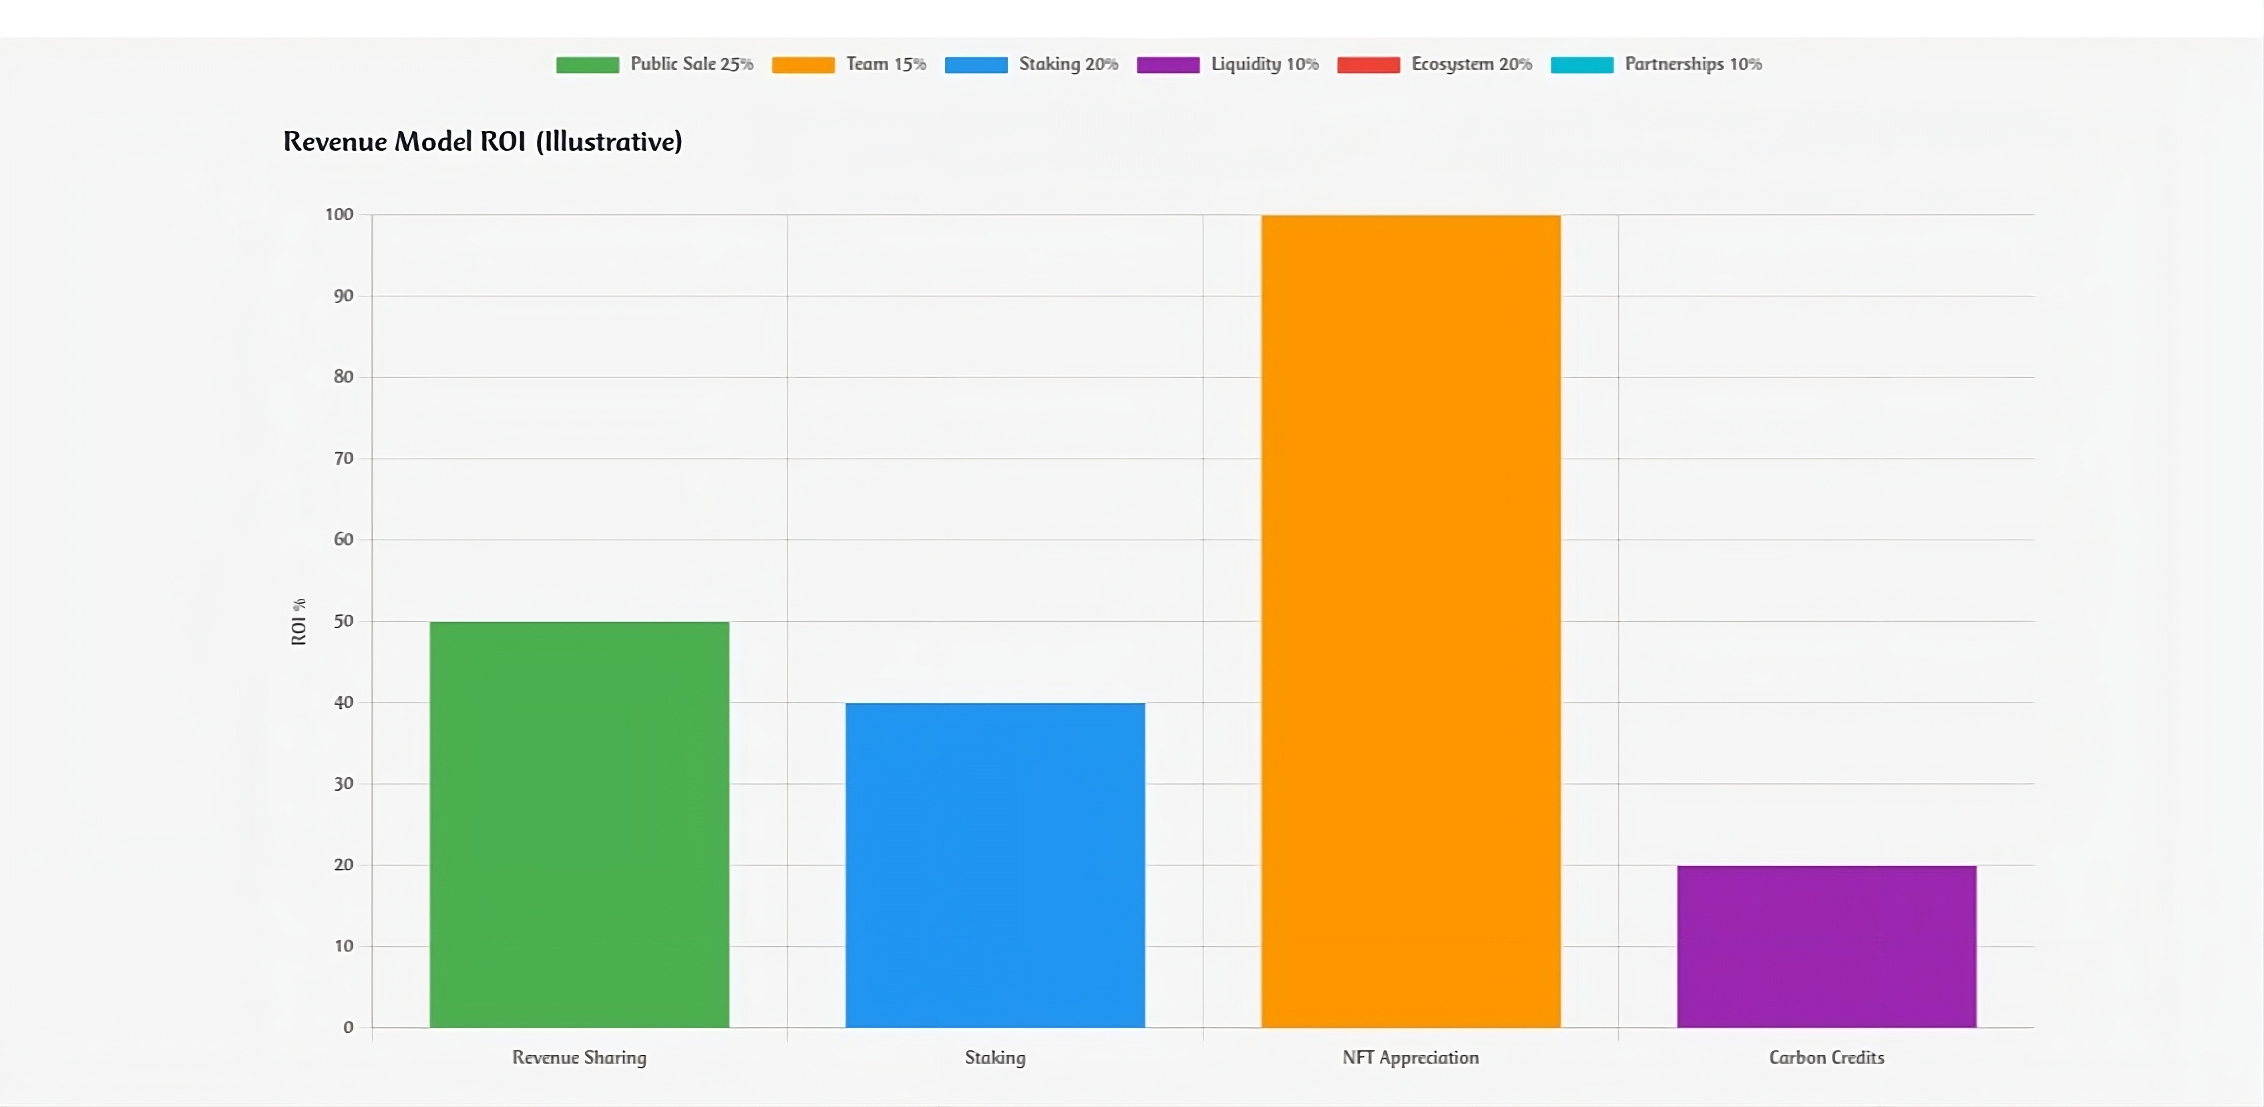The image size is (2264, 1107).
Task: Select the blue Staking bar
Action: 995,865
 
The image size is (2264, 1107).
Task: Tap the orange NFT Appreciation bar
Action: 1410,621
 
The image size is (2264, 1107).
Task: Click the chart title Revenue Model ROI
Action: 482,142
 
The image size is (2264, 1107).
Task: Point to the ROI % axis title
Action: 299,622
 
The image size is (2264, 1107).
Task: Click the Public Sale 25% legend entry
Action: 654,64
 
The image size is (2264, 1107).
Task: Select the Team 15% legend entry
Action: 849,64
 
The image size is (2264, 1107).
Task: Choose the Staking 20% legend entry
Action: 1031,64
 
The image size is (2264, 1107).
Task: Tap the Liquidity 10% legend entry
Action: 1228,64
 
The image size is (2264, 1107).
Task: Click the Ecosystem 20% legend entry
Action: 1435,64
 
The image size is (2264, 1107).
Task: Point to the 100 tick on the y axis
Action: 339,214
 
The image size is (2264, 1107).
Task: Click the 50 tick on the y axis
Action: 344,621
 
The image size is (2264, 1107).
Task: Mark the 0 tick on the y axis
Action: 348,1027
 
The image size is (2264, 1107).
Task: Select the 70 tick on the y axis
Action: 344,459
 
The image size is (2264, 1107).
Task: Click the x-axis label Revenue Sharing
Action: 579,1058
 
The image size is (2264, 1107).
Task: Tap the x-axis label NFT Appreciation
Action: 1410,1058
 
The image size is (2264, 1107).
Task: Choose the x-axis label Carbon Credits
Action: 1827,1058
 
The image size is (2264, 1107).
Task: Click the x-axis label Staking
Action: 995,1058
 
